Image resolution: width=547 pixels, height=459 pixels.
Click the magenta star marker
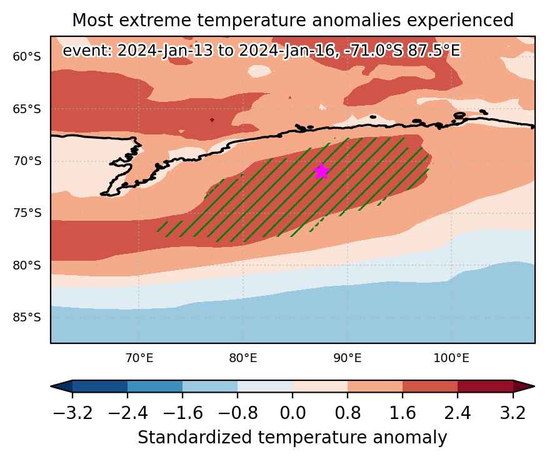(321, 171)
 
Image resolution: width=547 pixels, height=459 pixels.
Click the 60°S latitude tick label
(27, 56)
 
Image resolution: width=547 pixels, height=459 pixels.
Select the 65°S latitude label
(27, 109)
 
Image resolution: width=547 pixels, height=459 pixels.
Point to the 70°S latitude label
(27, 161)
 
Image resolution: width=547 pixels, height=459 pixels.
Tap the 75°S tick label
(27, 213)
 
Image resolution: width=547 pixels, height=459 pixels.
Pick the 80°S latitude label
(27, 265)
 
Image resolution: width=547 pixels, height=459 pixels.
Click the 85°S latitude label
(27, 318)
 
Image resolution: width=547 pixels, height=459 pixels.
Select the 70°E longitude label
(139, 358)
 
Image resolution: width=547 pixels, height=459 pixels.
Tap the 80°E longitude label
(243, 358)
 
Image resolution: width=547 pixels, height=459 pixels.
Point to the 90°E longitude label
(347, 358)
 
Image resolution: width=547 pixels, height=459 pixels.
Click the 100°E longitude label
(451, 358)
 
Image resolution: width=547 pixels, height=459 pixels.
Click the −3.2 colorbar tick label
(73, 413)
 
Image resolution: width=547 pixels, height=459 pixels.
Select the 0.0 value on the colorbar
(293, 413)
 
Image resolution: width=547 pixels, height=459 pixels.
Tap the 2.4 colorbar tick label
(458, 413)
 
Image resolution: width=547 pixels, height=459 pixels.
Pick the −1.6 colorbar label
(183, 413)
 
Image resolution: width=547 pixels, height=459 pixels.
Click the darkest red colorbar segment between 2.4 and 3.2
(485, 386)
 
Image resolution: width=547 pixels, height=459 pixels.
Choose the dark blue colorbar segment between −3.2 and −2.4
(100, 386)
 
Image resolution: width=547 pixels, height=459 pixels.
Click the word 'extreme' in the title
(155, 20)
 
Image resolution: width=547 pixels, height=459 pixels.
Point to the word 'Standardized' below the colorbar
(194, 438)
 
